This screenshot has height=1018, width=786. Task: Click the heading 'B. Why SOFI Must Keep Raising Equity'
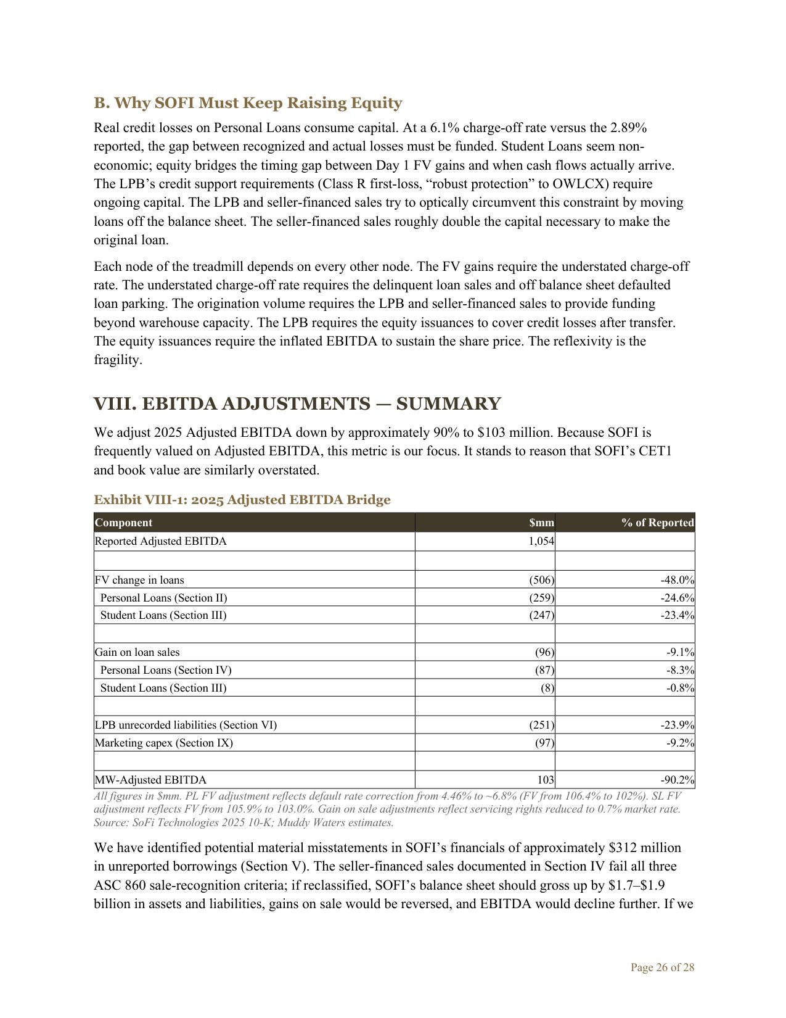coord(248,103)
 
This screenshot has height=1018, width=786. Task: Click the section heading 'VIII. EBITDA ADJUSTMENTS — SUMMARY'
coord(297,404)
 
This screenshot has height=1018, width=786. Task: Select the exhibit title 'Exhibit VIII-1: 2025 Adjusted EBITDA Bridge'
coord(242,500)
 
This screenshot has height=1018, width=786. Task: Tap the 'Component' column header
coord(123,523)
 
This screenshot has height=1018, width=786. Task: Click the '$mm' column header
coord(541,523)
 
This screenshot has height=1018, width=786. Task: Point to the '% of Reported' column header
coord(657,523)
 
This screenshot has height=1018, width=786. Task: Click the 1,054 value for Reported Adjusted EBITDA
coord(541,541)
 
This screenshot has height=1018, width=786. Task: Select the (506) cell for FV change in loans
coord(542,580)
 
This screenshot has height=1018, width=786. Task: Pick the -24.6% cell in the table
coord(678,598)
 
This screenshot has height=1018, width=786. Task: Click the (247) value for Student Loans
coord(542,615)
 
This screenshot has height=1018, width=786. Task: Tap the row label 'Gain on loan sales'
coord(137,652)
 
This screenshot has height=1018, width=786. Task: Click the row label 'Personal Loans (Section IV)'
coord(166,670)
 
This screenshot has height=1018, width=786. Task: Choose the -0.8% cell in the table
coord(680,688)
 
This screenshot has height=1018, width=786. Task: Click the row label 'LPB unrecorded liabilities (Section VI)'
coord(186,725)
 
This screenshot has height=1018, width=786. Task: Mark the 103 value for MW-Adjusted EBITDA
coord(546,780)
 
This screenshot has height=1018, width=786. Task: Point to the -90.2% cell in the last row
coord(678,780)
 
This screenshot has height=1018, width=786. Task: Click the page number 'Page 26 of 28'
coord(662,967)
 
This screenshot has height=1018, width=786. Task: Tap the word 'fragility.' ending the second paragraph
coord(118,360)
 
